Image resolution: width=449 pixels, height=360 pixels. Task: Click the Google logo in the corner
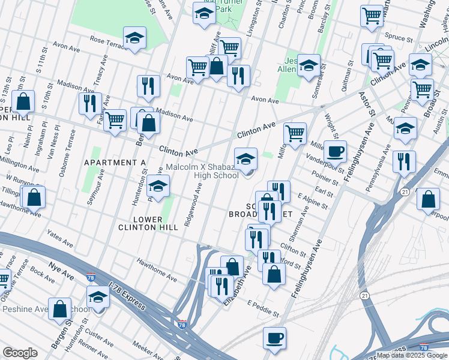(x=20, y=353)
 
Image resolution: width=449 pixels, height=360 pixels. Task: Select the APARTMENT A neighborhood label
(x=115, y=163)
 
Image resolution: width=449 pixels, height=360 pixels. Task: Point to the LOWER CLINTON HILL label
(x=155, y=223)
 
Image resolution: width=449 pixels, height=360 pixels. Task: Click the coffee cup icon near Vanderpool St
(x=335, y=151)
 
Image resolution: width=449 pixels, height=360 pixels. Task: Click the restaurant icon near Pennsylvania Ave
(x=404, y=161)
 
